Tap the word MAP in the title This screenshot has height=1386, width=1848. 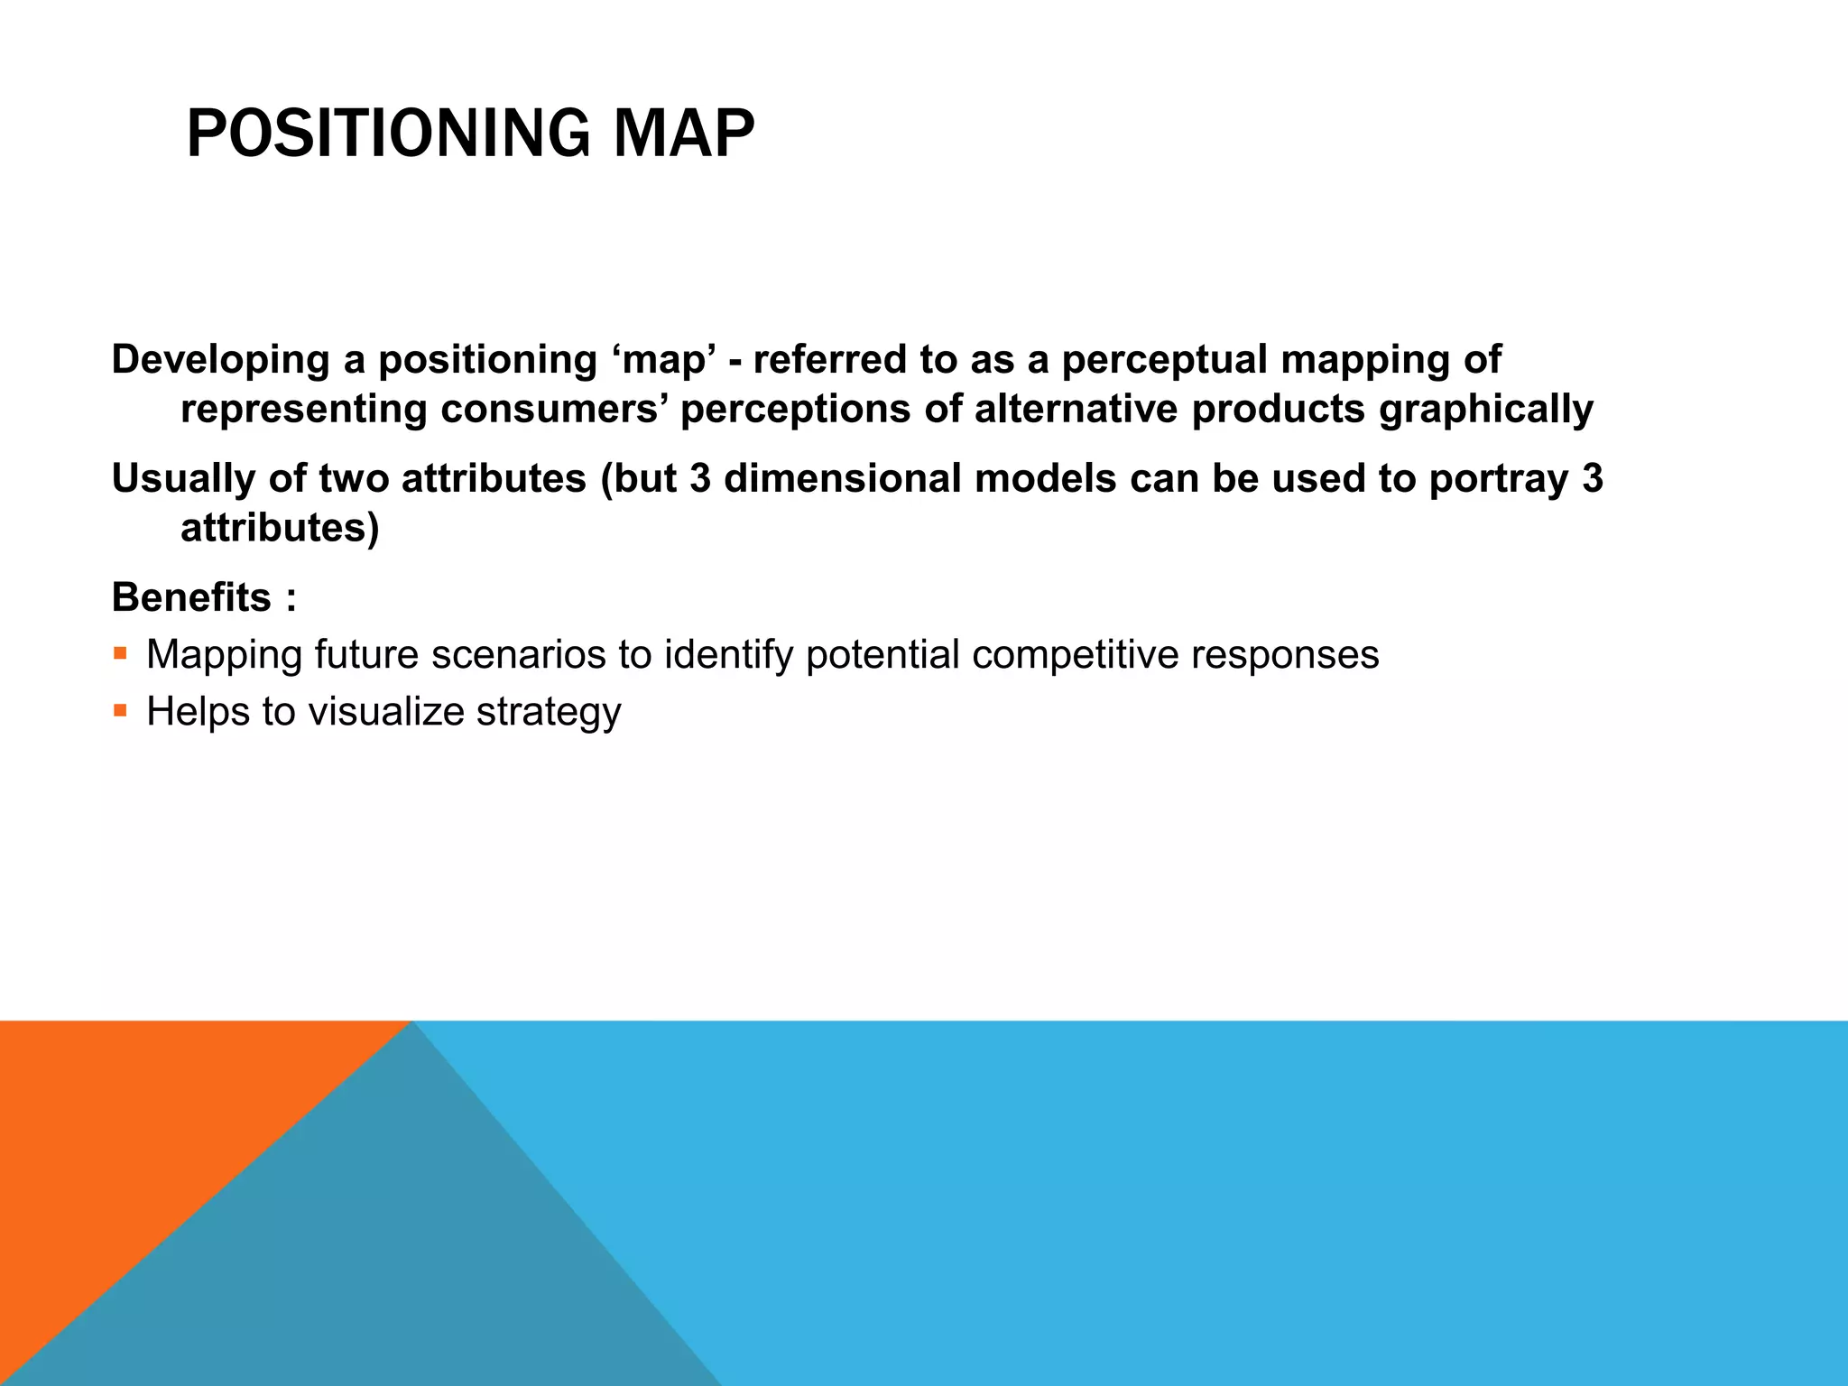(x=683, y=134)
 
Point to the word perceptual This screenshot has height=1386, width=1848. (x=1164, y=360)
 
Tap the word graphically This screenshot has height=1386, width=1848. (x=1485, y=410)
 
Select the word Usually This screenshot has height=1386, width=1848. (x=183, y=479)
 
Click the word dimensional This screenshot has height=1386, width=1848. (x=843, y=479)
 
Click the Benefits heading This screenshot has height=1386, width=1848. (x=191, y=597)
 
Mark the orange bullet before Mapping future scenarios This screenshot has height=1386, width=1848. (x=120, y=652)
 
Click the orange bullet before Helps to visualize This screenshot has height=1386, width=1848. (x=120, y=710)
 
